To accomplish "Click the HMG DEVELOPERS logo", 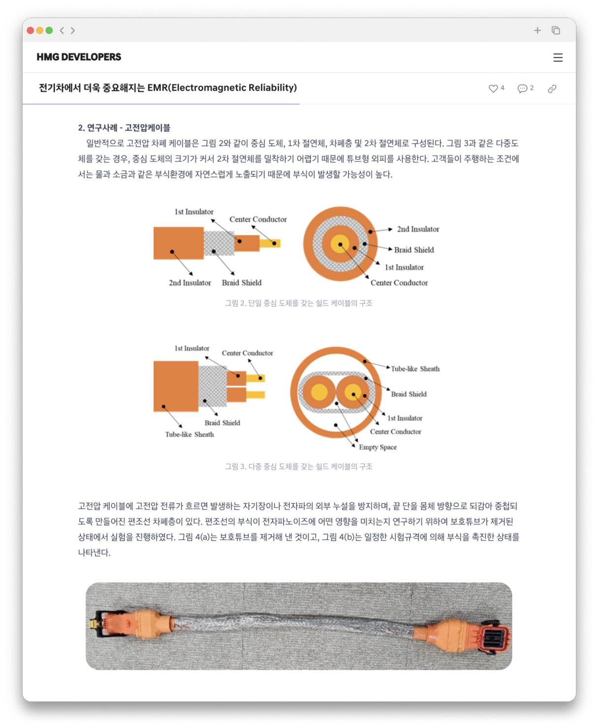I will pos(79,57).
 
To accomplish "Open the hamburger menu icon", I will pos(558,58).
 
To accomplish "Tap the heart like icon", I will pos(493,89).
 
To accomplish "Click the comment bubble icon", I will pos(522,89).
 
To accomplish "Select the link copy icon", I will pos(552,89).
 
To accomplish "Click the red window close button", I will pos(31,31).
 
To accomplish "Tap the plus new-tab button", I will pos(537,31).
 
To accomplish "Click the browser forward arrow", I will pos(73,31).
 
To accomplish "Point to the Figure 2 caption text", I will pos(298,303).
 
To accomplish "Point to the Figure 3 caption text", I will pos(298,467).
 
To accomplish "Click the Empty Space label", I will pos(378,447).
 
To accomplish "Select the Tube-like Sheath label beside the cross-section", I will pos(415,369).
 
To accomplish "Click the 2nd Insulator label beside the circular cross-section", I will pos(418,229).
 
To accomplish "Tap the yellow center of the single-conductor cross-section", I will pos(340,244).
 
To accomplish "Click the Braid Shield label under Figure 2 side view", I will pos(241,283).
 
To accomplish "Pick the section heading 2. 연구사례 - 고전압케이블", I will pos(124,128).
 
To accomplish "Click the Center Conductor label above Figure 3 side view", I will pos(247,353).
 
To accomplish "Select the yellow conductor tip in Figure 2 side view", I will pos(270,243).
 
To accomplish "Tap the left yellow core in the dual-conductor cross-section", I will pos(319,392).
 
